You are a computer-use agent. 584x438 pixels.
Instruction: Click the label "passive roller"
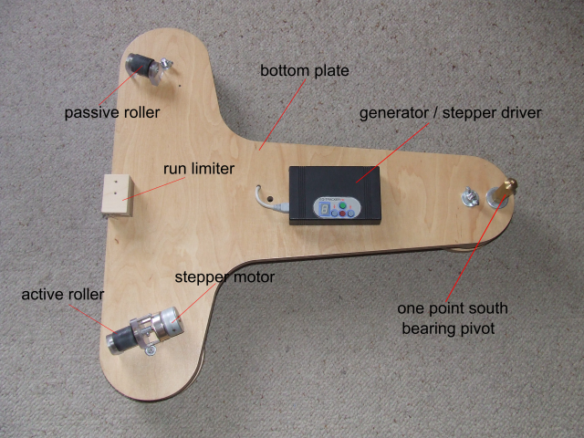click(112, 113)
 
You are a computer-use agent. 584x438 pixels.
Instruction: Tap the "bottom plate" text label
click(305, 70)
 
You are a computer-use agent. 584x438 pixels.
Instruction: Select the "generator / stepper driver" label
click(450, 113)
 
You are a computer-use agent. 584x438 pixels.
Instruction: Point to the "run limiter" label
click(199, 169)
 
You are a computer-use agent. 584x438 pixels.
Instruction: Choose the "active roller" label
click(62, 295)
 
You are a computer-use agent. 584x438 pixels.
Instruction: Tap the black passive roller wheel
click(140, 67)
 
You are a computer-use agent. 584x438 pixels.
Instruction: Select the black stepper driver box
click(334, 193)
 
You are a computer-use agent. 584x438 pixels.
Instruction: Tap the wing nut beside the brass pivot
click(471, 197)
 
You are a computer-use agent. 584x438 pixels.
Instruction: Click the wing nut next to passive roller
click(164, 65)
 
